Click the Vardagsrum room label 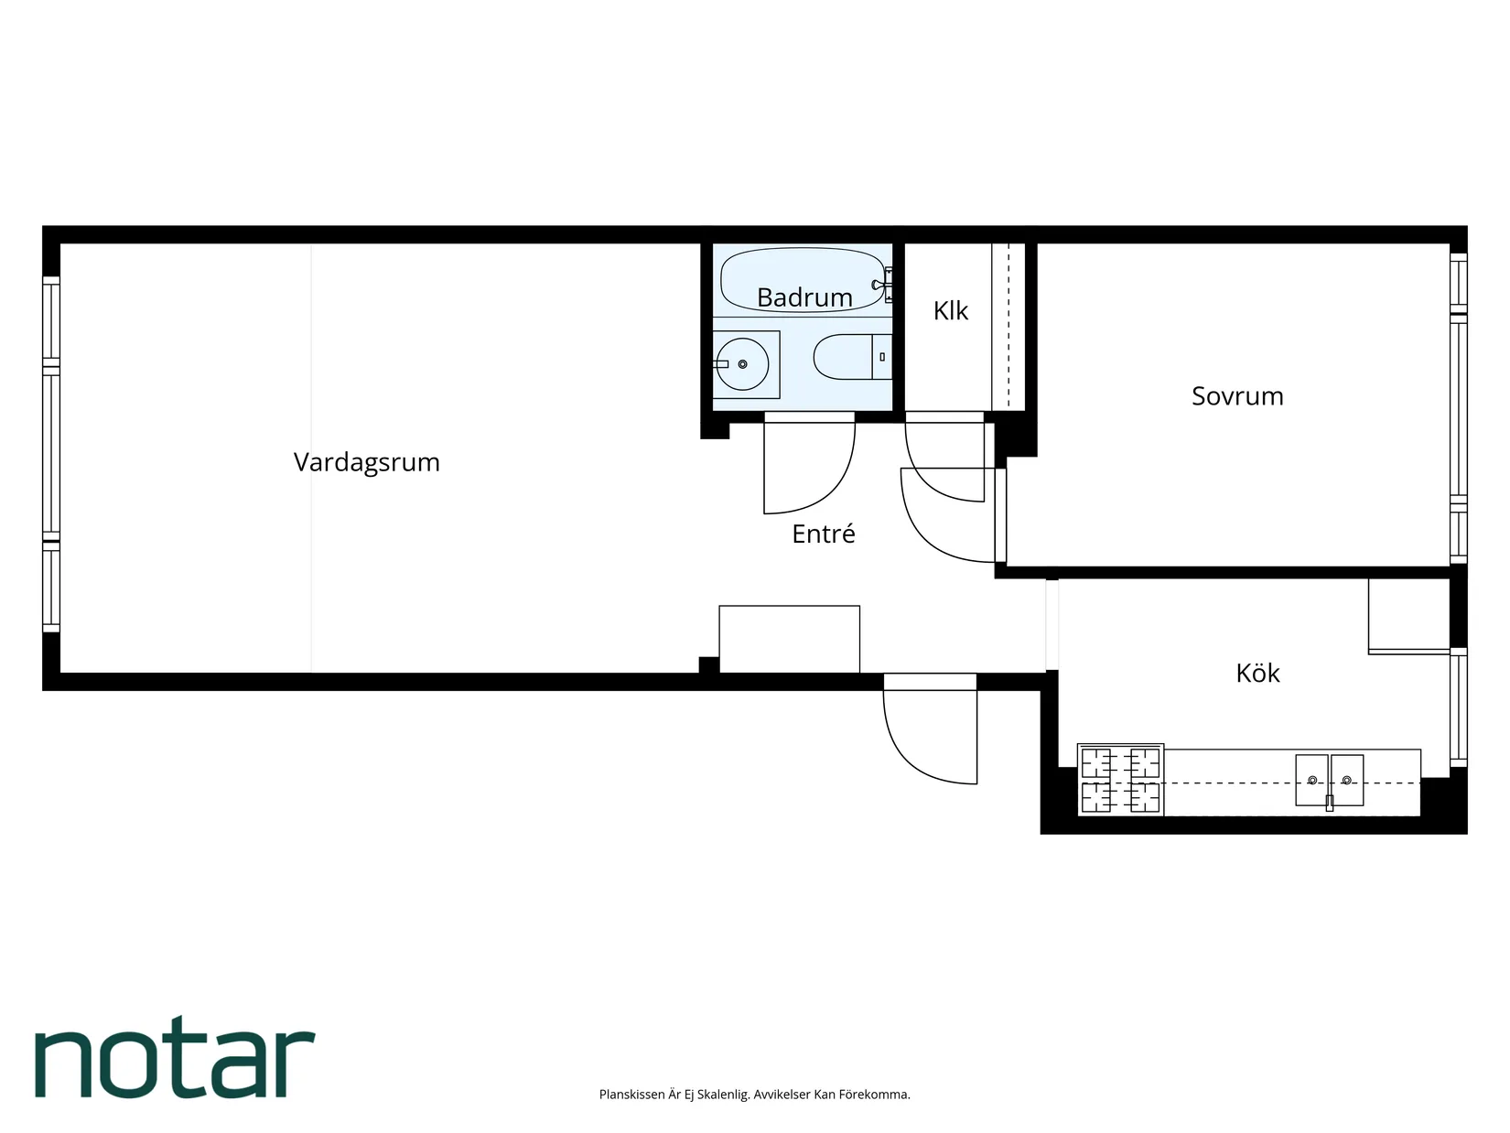click(x=366, y=462)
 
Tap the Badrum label click(x=804, y=297)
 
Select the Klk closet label click(x=950, y=311)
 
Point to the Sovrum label click(x=1236, y=396)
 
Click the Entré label click(x=823, y=534)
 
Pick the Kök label click(x=1257, y=674)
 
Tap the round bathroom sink click(x=741, y=364)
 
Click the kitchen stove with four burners click(x=1120, y=781)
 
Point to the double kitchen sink click(x=1329, y=780)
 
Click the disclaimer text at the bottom click(x=754, y=1095)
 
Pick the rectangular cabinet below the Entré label click(x=789, y=639)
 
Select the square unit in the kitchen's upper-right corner click(x=1408, y=615)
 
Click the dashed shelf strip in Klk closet click(x=1008, y=327)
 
